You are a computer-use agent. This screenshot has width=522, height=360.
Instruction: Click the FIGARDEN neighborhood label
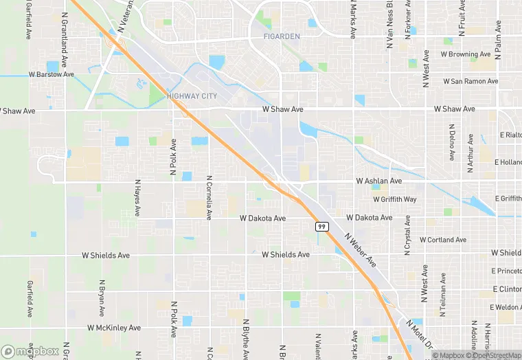(x=282, y=35)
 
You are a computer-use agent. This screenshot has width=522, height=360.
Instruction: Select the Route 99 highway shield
(x=321, y=226)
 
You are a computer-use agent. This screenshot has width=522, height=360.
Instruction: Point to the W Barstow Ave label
(x=51, y=74)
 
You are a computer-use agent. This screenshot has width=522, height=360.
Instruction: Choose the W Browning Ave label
(x=466, y=54)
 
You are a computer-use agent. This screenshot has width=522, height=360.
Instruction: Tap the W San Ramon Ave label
(x=470, y=81)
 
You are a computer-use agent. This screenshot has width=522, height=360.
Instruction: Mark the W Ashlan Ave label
(x=378, y=181)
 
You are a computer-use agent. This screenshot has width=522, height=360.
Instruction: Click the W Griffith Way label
(x=394, y=199)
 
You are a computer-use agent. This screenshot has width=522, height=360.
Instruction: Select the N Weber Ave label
(x=361, y=250)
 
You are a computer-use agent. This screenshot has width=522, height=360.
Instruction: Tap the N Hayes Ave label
(x=137, y=198)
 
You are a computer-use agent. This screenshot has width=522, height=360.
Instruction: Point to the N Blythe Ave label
(x=245, y=338)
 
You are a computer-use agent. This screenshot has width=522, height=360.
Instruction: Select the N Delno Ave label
(x=451, y=142)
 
